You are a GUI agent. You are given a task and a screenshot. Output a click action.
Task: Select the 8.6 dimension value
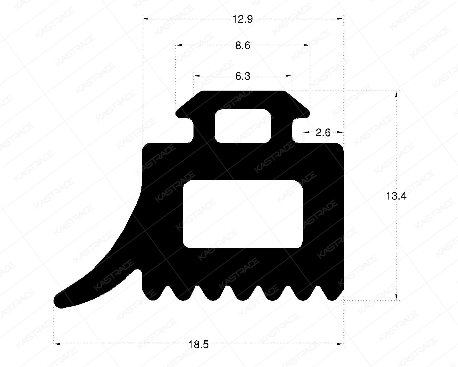(x=243, y=46)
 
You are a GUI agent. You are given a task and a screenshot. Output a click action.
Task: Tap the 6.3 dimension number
(x=243, y=77)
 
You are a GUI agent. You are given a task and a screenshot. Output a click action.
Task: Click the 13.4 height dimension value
(x=396, y=196)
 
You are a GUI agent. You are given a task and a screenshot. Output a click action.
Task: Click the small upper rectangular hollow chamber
(x=243, y=126)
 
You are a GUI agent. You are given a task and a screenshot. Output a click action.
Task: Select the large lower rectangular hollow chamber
(x=243, y=214)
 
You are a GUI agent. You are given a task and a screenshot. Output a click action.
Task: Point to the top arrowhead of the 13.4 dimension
(x=396, y=94)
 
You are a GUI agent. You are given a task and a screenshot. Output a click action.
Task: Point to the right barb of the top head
(x=305, y=113)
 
